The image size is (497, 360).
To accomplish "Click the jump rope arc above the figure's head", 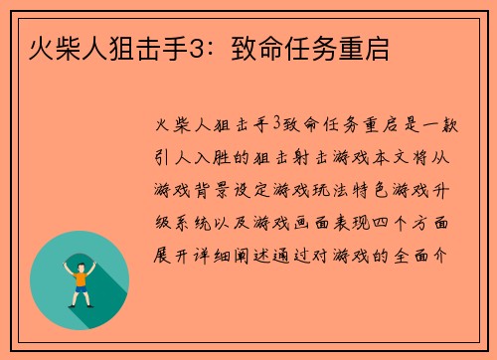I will tap(79, 246).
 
